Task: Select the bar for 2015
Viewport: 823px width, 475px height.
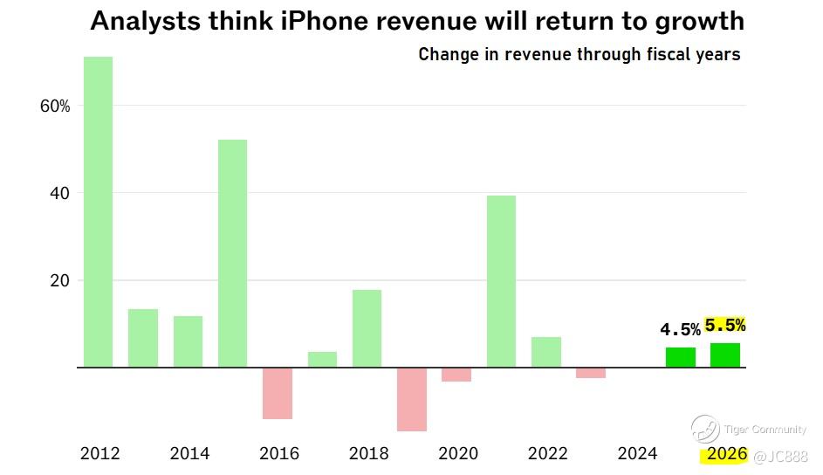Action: point(232,253)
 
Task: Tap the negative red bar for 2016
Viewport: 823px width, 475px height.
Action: point(277,393)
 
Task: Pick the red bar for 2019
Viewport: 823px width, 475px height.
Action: point(411,399)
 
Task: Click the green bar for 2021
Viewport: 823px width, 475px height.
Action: point(501,281)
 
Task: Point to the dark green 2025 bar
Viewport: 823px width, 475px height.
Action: point(680,357)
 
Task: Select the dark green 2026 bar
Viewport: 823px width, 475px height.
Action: point(725,355)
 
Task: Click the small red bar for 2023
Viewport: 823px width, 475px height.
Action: point(591,373)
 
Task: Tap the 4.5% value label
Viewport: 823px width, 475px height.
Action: point(680,329)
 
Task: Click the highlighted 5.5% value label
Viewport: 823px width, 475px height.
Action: point(724,325)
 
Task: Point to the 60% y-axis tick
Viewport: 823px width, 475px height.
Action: point(54,106)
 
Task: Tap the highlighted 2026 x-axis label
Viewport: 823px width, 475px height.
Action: point(727,453)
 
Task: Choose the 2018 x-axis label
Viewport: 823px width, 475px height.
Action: point(368,453)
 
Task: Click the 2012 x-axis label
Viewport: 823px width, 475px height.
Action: point(99,453)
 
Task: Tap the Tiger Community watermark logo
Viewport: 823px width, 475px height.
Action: point(704,429)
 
